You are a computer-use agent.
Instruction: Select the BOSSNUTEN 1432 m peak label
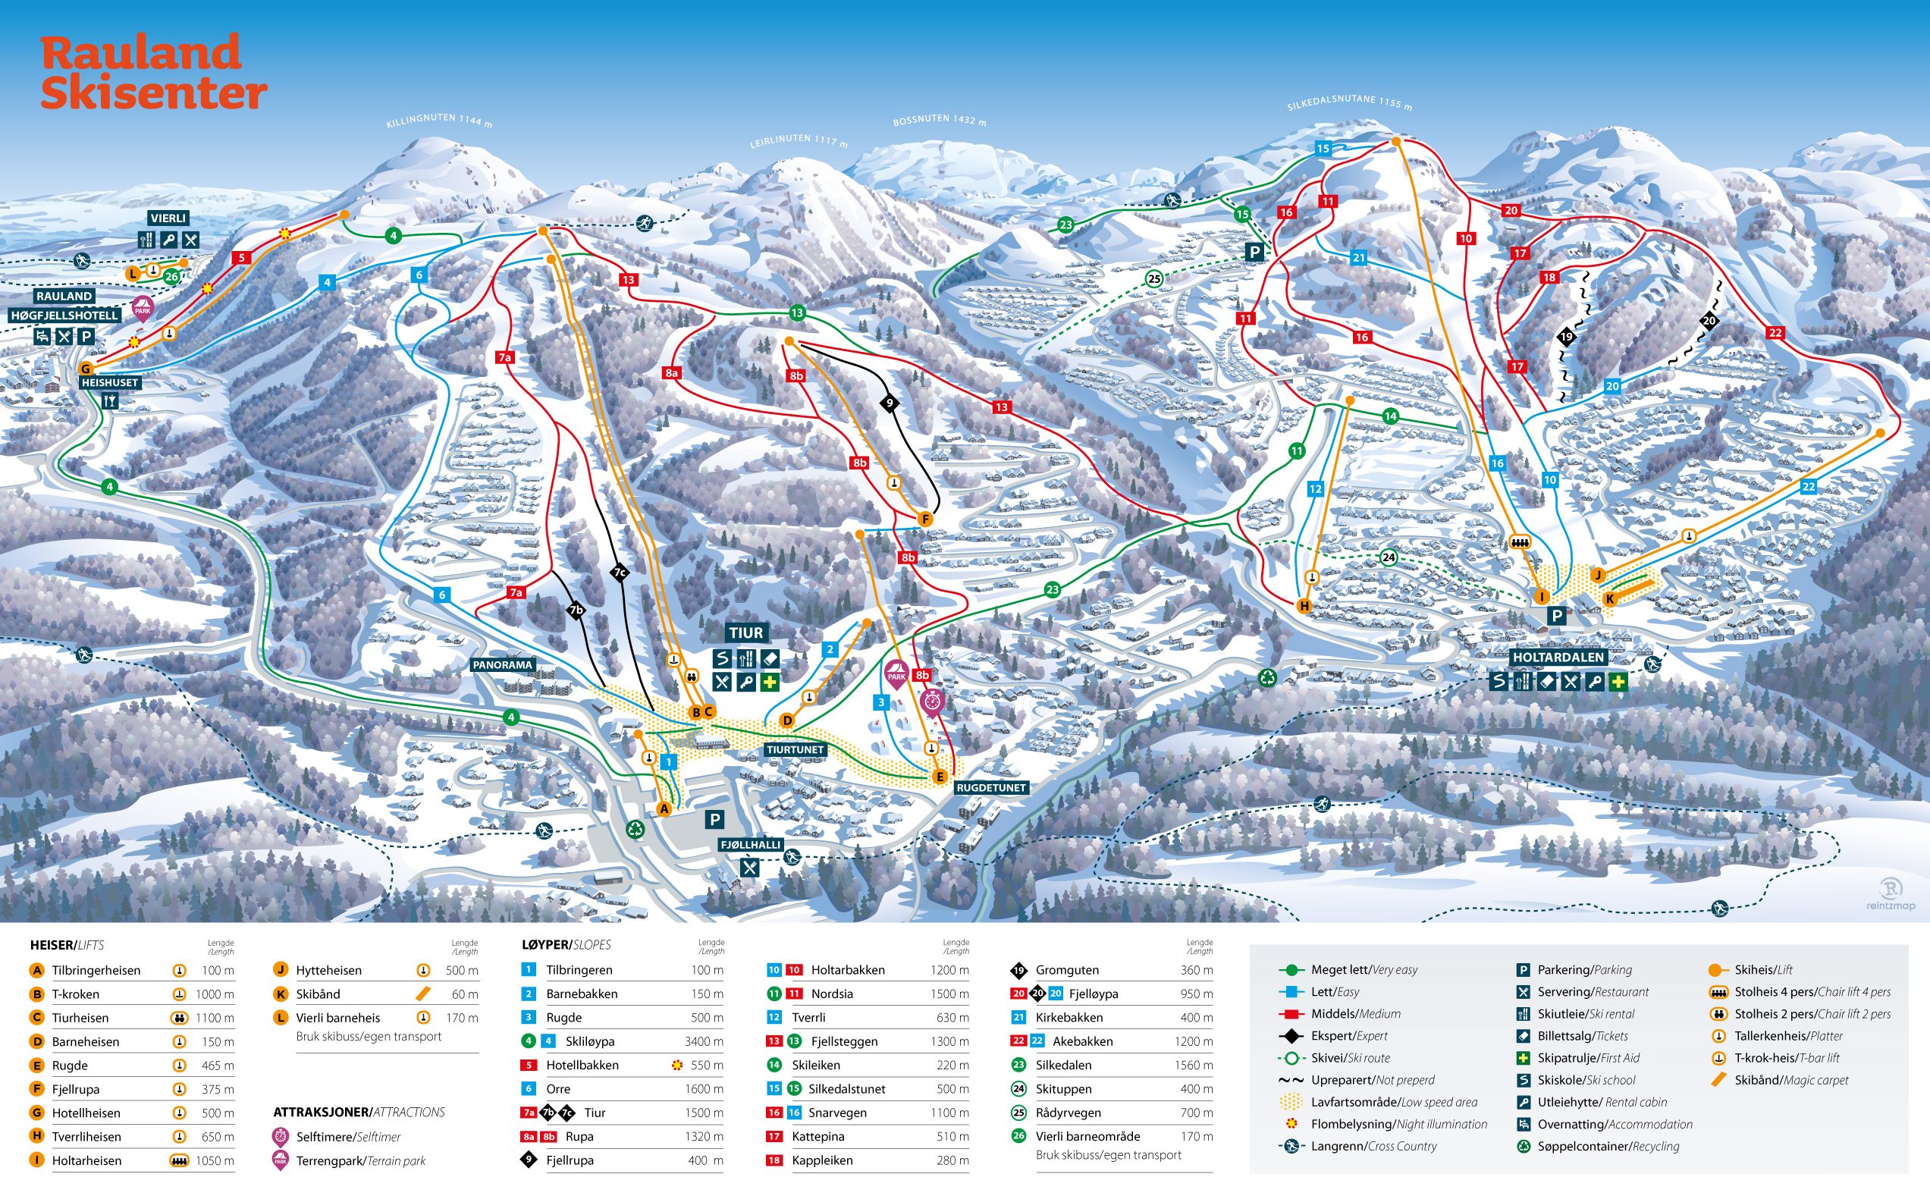(939, 121)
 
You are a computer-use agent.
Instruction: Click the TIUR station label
(746, 633)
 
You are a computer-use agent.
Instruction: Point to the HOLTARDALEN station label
(1558, 658)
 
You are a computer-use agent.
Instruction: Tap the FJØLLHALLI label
(750, 845)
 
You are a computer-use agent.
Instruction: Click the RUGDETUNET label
(990, 788)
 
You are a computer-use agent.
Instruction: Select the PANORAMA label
(502, 665)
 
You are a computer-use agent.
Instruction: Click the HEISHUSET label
(110, 383)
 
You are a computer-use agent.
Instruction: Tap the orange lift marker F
(924, 520)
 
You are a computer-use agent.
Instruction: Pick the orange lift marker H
(1304, 607)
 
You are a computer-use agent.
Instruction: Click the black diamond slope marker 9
(889, 403)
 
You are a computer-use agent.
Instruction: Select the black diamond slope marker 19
(1566, 337)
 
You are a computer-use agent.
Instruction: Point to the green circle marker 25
(1154, 278)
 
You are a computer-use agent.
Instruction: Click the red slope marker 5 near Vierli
(241, 258)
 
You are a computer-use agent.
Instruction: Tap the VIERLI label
(168, 218)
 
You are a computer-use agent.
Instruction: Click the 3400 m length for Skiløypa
(703, 1042)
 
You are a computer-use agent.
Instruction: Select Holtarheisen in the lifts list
(87, 1160)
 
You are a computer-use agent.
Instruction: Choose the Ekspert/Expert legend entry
(1348, 1036)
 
